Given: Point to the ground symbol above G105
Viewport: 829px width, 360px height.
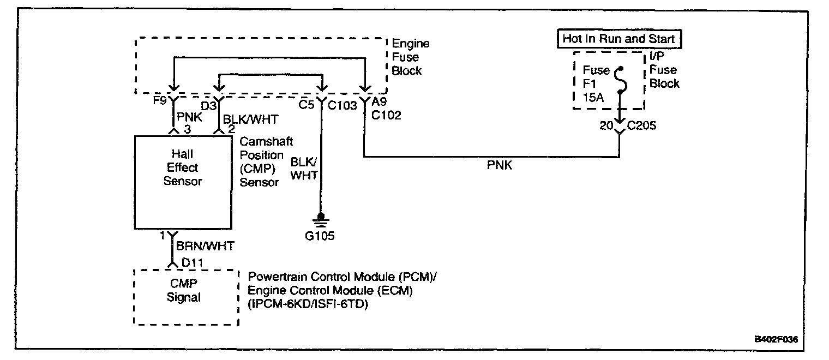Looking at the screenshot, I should pos(321,220).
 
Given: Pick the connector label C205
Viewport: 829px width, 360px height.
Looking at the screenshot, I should pos(642,127).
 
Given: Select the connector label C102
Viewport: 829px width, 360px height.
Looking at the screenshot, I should pos(387,116).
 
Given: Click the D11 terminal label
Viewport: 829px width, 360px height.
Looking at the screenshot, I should pos(193,263).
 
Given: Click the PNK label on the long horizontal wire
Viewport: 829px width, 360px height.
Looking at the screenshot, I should pos(500,166).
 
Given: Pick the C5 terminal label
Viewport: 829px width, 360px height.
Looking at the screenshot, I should pos(306,105).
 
